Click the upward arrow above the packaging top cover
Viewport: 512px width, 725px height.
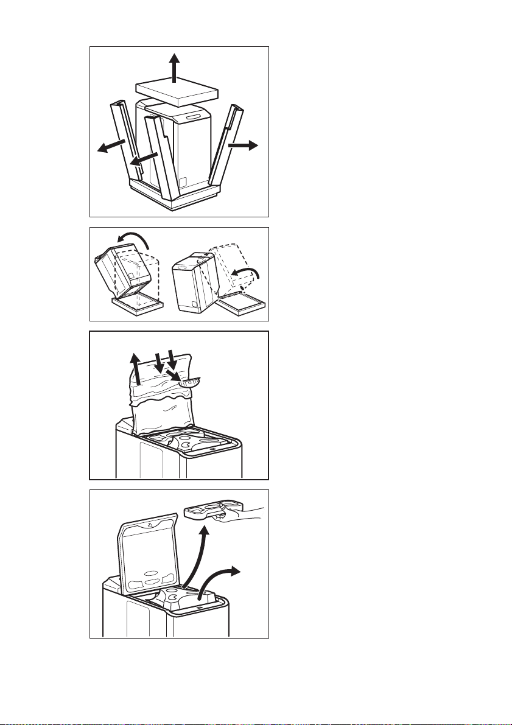175,67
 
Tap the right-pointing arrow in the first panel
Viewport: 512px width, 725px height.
243,145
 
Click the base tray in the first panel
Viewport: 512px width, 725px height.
177,198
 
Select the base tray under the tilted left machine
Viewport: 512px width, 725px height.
136,302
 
